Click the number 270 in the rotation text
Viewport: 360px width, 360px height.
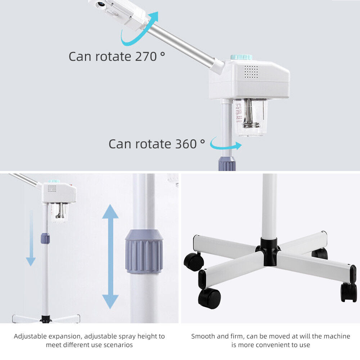click(147, 56)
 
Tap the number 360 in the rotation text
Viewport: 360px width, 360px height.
click(186, 144)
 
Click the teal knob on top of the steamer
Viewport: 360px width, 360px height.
click(241, 57)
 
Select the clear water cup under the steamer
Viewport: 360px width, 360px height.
click(250, 117)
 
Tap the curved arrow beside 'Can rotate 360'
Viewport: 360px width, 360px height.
click(226, 144)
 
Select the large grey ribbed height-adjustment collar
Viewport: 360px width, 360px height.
click(144, 252)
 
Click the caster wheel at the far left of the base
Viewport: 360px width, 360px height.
click(194, 261)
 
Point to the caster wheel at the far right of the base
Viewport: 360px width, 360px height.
click(348, 292)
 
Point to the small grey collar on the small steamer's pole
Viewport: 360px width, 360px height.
click(45, 238)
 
